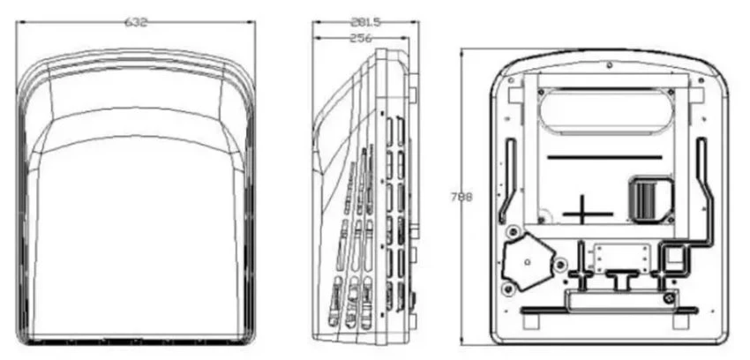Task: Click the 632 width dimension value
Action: (136, 22)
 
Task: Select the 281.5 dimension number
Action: (365, 22)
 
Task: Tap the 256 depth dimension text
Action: (360, 38)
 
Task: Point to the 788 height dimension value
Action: (461, 197)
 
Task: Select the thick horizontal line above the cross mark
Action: (604, 157)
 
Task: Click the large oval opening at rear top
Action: (606, 109)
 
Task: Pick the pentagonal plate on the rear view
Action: (526, 261)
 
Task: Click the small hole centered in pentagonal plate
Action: (527, 261)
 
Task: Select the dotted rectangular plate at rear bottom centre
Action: (622, 259)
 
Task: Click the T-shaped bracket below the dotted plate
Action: (622, 279)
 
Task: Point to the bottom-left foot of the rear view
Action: (531, 321)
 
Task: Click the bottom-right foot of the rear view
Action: (680, 321)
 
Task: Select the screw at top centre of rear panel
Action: (609, 64)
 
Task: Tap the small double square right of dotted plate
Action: (674, 259)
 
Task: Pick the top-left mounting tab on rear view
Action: (515, 95)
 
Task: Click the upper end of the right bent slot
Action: (702, 140)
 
